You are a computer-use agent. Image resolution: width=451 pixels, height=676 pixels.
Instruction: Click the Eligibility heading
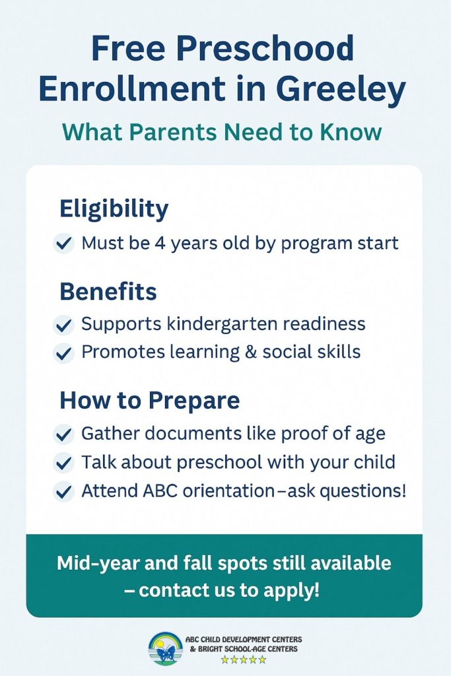pos(114,209)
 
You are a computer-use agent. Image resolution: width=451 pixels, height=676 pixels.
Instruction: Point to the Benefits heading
pos(108,291)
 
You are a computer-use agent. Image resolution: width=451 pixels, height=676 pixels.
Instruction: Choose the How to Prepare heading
pos(150,400)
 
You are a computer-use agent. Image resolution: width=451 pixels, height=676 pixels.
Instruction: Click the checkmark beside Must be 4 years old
pos(64,244)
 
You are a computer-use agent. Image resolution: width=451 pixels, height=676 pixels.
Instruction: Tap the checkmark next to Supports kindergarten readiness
pos(64,325)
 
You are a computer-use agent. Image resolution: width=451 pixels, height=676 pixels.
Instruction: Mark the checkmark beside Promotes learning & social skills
pos(64,353)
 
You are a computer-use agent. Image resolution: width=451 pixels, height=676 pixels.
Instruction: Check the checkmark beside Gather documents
pos(64,434)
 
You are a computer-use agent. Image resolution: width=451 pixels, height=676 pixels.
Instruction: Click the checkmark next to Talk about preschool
pos(64,462)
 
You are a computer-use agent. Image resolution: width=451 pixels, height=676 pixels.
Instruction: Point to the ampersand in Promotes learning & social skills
pos(249,352)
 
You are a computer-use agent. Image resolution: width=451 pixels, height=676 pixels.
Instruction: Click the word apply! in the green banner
pos(291,590)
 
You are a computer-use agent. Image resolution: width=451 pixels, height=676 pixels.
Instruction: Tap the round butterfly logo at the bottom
pos(166,648)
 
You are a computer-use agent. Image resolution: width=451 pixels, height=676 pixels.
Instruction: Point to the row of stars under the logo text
pos(244,659)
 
